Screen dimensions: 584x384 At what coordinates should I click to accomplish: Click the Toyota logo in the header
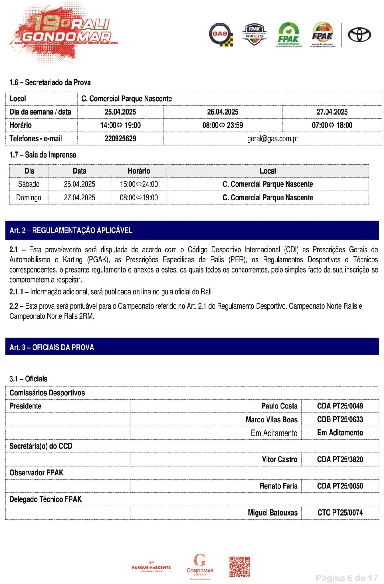[359, 35]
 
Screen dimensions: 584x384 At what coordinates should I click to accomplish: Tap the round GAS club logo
[221, 34]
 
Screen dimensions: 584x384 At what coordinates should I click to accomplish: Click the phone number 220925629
[120, 139]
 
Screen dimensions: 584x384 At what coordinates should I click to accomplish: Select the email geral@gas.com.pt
[272, 139]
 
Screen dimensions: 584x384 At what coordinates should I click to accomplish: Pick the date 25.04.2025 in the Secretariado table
[120, 112]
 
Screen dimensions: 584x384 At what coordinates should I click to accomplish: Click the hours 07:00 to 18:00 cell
[332, 125]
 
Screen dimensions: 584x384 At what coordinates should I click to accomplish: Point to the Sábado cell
[29, 184]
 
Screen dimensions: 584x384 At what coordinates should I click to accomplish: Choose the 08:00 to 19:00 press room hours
[139, 198]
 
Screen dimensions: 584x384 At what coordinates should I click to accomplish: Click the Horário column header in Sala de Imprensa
[139, 171]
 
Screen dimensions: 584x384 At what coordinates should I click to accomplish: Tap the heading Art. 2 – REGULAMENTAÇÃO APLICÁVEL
[71, 230]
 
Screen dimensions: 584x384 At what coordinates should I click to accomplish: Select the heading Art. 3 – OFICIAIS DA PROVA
[52, 347]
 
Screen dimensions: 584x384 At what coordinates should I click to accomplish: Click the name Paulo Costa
[279, 406]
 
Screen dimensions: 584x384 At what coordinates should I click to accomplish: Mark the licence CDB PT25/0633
[340, 419]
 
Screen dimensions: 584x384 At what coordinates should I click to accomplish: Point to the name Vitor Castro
[279, 459]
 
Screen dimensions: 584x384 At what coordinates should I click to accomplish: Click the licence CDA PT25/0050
[340, 486]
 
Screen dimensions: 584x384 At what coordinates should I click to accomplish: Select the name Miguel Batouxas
[272, 513]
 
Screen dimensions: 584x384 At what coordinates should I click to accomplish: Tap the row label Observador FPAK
[37, 473]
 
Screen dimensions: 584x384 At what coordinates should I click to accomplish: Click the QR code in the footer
[239, 567]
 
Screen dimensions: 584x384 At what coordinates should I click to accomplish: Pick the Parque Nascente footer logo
[151, 568]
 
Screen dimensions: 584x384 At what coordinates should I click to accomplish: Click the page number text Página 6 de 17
[347, 578]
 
